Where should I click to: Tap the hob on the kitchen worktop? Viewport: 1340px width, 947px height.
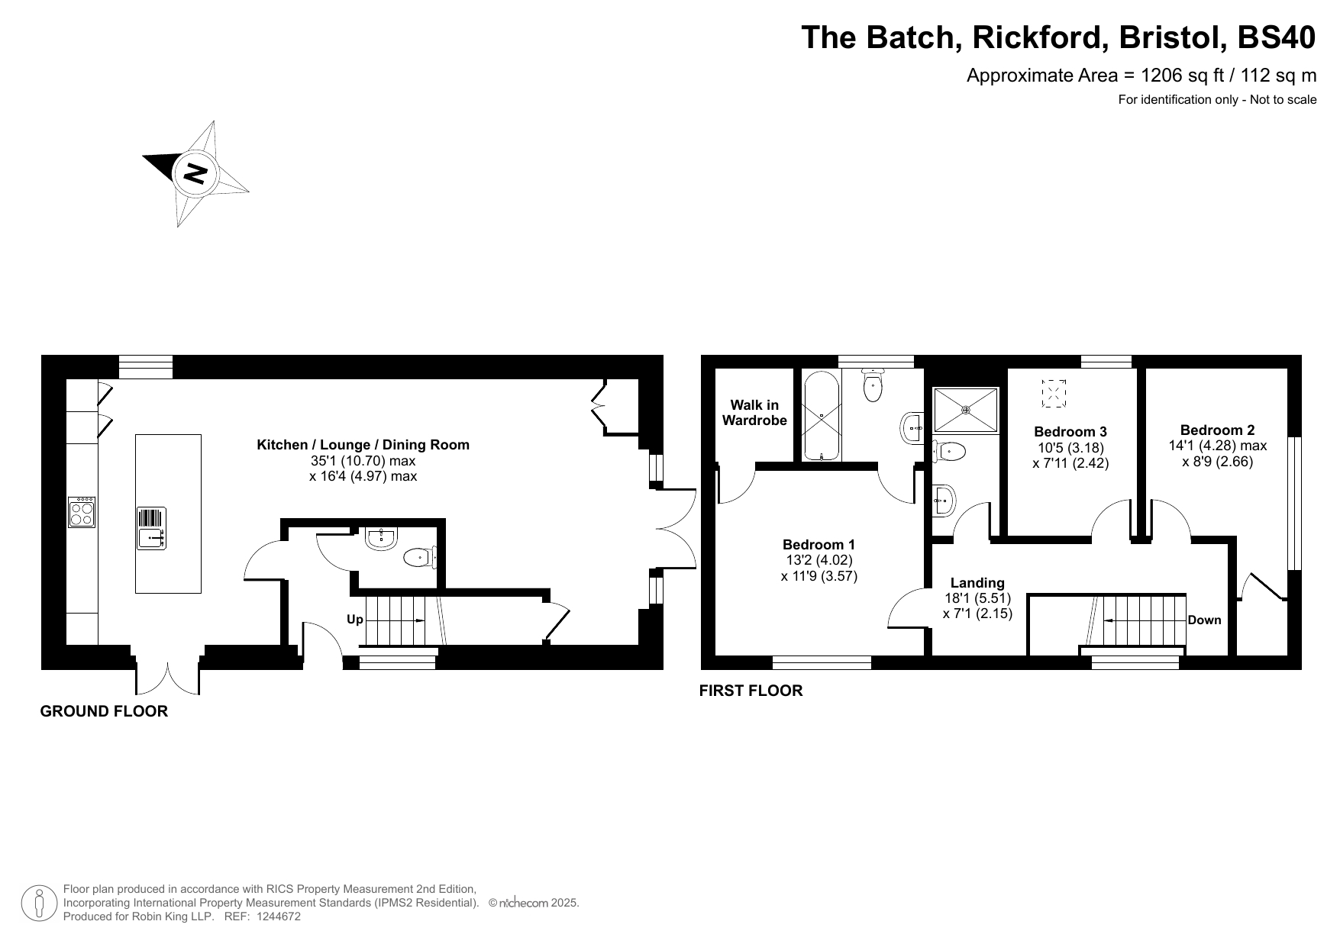82,512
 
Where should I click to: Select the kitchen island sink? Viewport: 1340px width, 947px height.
151,529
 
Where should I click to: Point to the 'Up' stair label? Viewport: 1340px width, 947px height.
355,620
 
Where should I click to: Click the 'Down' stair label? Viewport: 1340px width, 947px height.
1204,620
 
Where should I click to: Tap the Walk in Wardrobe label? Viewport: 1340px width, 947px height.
754,413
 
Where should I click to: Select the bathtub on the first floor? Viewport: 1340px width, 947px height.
822,416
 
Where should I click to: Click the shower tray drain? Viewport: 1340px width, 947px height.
966,410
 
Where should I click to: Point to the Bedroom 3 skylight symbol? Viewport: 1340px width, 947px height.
1054,393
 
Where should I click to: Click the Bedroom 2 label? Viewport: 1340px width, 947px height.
1217,430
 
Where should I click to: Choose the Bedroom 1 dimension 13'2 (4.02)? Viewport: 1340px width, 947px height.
819,560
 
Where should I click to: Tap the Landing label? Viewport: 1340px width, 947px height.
977,583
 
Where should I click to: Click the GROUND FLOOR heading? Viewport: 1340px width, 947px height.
104,711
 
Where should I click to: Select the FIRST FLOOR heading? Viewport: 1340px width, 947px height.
751,691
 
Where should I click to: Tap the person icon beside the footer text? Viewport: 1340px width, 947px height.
39,903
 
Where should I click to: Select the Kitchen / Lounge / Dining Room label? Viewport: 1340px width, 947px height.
363,445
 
